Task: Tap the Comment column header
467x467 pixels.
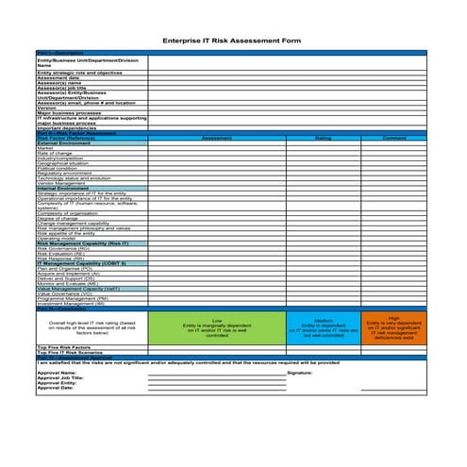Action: (393, 138)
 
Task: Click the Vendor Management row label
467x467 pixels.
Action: (60, 183)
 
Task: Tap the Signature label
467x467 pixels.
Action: (299, 373)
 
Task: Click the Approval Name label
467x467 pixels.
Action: (57, 373)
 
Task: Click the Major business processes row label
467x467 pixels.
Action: (68, 113)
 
